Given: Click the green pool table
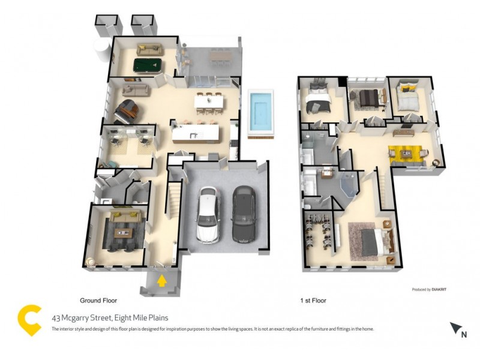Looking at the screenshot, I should tap(147, 64).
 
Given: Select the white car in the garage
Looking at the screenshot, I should tap(208, 214).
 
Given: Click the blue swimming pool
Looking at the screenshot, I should tap(260, 112).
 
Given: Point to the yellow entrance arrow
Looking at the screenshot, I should tap(161, 280).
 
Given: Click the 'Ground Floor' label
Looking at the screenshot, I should tap(98, 300).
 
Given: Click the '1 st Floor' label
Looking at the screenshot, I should tap(313, 300).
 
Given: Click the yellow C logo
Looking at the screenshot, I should tap(29, 320).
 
